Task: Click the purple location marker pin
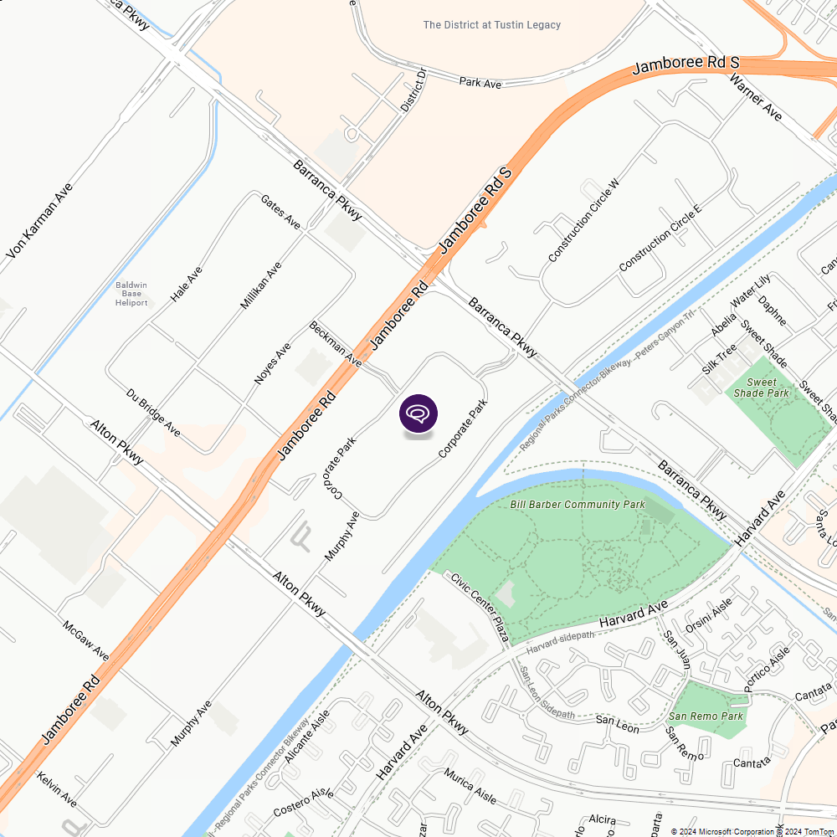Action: click(x=418, y=414)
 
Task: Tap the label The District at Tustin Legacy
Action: click(x=492, y=25)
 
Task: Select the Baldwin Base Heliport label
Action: click(x=131, y=294)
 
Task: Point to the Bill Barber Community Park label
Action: click(x=578, y=505)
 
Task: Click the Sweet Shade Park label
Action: click(x=762, y=388)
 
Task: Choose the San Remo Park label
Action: click(x=706, y=716)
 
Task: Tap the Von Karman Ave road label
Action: click(x=39, y=220)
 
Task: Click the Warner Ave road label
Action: click(x=755, y=97)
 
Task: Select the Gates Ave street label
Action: click(x=280, y=213)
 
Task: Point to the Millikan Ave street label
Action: click(x=261, y=285)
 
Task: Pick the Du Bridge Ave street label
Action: click(x=153, y=412)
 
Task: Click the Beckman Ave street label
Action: click(x=335, y=344)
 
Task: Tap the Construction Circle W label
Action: click(x=583, y=220)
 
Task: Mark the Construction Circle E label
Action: click(x=659, y=238)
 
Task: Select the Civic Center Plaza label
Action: click(x=480, y=608)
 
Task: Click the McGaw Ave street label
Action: click(x=85, y=639)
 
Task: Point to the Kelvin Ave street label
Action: click(x=57, y=789)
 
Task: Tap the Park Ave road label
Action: click(x=480, y=83)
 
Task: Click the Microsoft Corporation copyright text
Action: click(x=723, y=831)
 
